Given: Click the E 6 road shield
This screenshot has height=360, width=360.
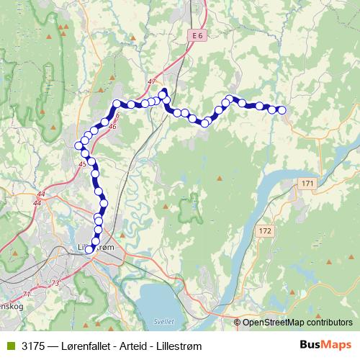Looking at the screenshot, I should [x=199, y=35].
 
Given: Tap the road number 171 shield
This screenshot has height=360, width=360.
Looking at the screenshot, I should [x=308, y=184].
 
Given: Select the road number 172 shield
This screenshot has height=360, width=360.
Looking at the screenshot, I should [x=264, y=230].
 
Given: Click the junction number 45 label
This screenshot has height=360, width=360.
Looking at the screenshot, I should [x=82, y=165].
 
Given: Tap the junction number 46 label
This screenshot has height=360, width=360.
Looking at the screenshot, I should [x=112, y=127].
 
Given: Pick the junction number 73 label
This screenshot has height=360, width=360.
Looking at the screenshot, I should [x=55, y=284].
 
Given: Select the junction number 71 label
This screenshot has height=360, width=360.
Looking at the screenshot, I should [x=27, y=294].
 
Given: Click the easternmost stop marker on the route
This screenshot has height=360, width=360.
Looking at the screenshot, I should [x=282, y=110].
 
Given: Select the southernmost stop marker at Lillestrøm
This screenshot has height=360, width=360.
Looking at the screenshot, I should [x=89, y=251].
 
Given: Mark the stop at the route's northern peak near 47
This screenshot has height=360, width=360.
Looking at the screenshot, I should [x=163, y=92].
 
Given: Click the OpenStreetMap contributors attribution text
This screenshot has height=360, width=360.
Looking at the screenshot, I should [x=297, y=322].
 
